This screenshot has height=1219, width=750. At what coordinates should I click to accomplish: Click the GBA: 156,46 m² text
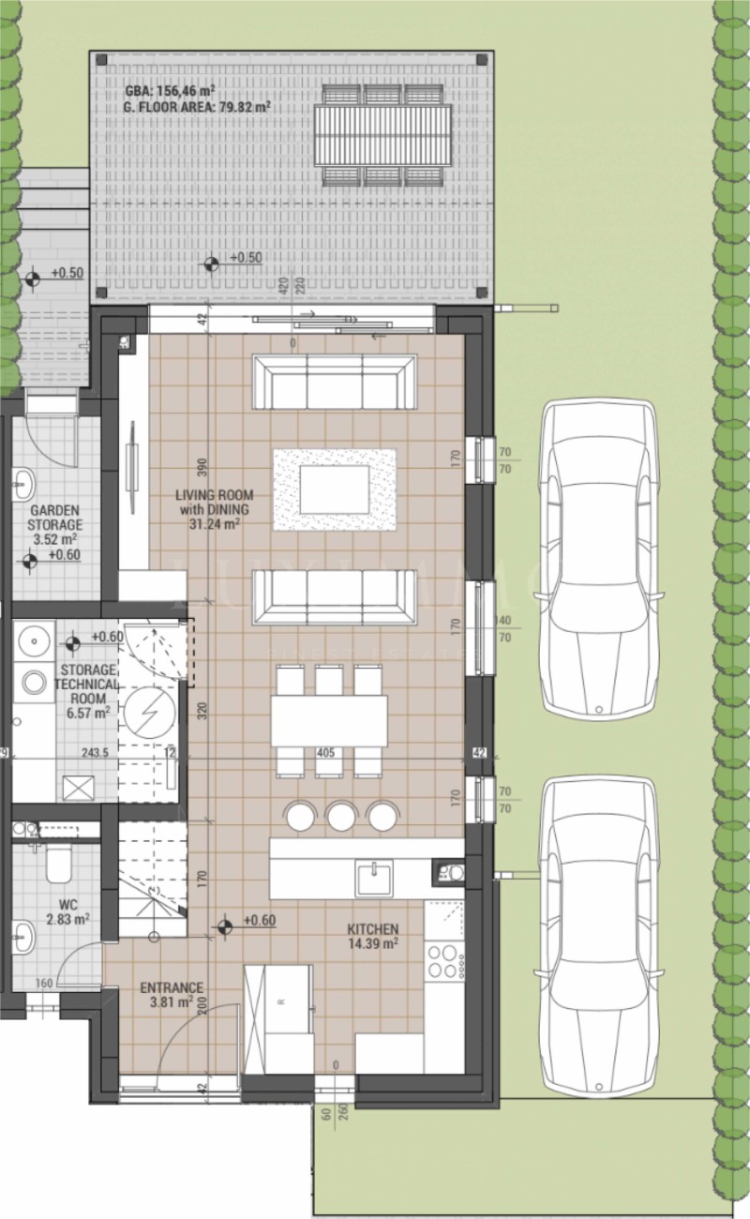pyautogui.click(x=172, y=93)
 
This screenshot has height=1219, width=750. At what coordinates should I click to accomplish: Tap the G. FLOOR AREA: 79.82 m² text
pyautogui.click(x=196, y=108)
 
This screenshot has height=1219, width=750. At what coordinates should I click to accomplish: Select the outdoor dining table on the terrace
pyautogui.click(x=382, y=135)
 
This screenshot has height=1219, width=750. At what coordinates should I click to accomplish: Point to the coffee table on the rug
pyautogui.click(x=335, y=489)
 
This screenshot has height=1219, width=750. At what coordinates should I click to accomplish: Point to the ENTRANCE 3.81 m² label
pyautogui.click(x=171, y=994)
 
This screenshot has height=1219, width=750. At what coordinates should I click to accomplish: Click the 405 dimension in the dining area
pyautogui.click(x=325, y=752)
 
